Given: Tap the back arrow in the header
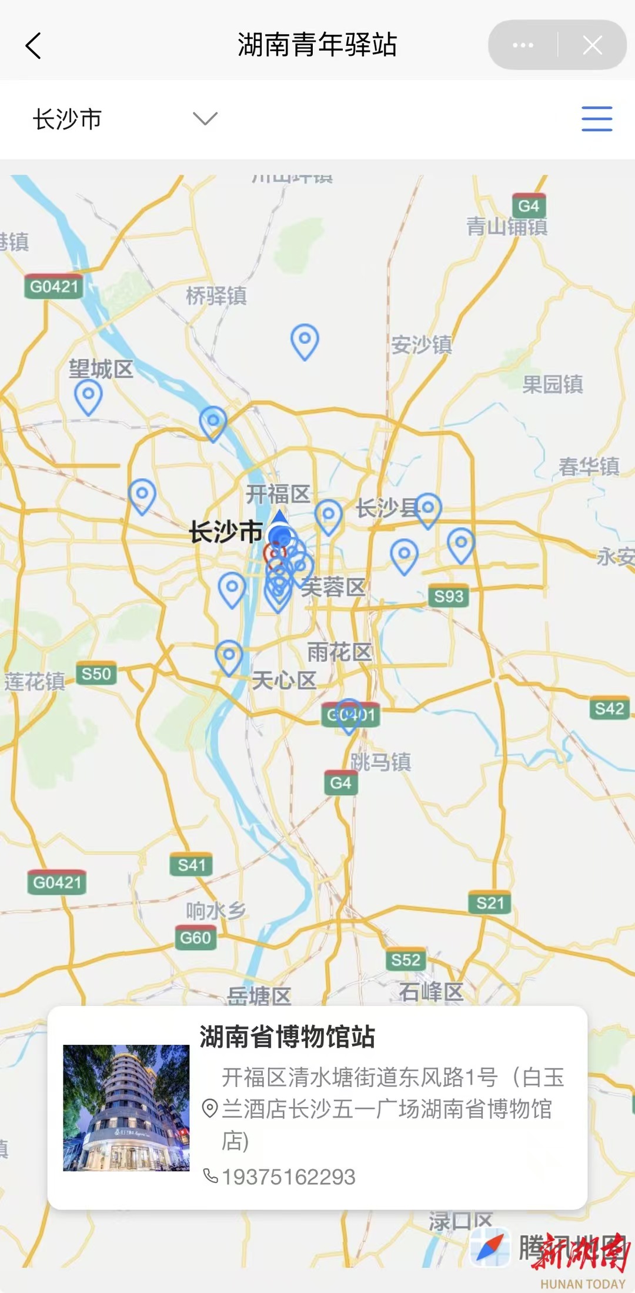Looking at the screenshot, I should point(34,46).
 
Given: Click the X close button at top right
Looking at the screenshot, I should point(592,45).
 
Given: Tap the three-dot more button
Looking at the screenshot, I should point(523,45).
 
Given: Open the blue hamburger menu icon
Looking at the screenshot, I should point(597,119).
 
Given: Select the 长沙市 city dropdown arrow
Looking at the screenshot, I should point(205,119).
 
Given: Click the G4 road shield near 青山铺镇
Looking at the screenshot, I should point(529,206).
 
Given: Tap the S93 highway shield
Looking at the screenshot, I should point(449,596).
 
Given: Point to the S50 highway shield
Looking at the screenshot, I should point(96,674).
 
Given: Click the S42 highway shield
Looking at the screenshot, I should point(609,709).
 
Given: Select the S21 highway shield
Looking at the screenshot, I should point(490,903).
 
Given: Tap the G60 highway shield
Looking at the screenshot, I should point(195,938).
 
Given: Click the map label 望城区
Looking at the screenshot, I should point(101,369).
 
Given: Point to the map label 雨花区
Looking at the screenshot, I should point(339,652).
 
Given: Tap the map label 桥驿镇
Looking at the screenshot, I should point(216,296).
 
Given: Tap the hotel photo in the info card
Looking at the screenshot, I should point(126,1108).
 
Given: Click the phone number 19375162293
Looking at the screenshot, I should point(288,1177).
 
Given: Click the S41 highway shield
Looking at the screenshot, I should point(192,865).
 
